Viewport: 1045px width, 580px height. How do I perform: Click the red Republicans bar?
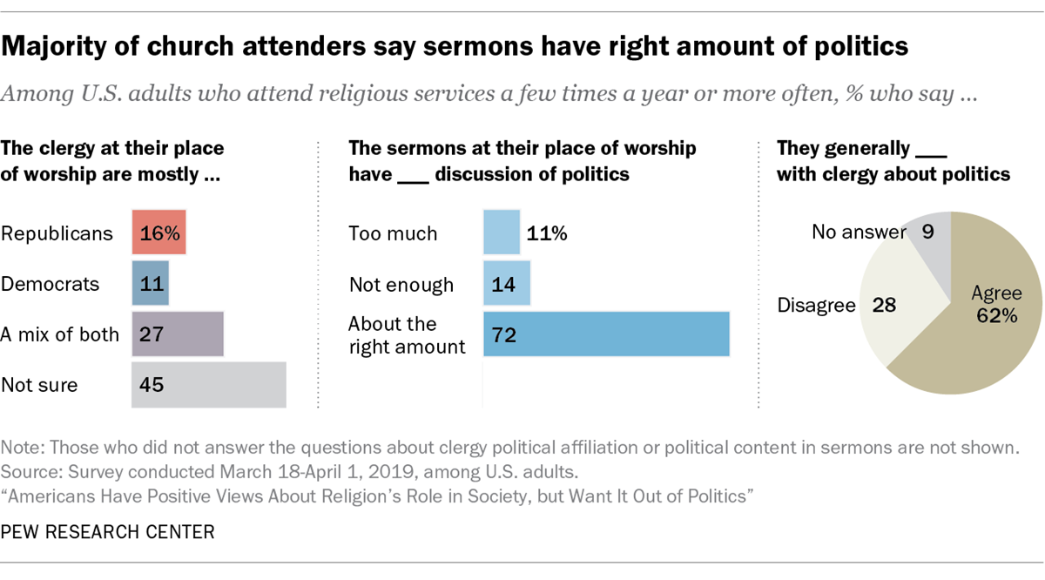(158, 233)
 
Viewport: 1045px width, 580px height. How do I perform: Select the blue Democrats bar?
(150, 283)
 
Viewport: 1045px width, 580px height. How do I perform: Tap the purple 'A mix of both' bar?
(178, 334)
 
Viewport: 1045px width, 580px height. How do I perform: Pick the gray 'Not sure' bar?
(209, 385)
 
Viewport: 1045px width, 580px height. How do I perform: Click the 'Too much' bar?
(502, 233)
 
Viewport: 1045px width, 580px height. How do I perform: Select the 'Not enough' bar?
(507, 283)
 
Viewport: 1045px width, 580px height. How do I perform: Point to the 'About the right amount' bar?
(606, 334)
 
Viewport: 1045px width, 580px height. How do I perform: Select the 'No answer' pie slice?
(932, 247)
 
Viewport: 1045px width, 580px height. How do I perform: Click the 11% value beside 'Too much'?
(547, 233)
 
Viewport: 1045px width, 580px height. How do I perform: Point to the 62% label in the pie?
(997, 316)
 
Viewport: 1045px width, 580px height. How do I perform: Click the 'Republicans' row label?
(57, 233)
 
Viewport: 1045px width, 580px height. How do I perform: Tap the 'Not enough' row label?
(401, 285)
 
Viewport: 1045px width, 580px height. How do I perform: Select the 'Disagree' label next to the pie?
(817, 305)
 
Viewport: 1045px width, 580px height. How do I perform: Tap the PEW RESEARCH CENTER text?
(108, 532)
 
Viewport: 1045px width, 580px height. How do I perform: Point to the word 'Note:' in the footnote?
(23, 448)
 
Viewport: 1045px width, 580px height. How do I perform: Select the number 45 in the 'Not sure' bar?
(152, 385)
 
